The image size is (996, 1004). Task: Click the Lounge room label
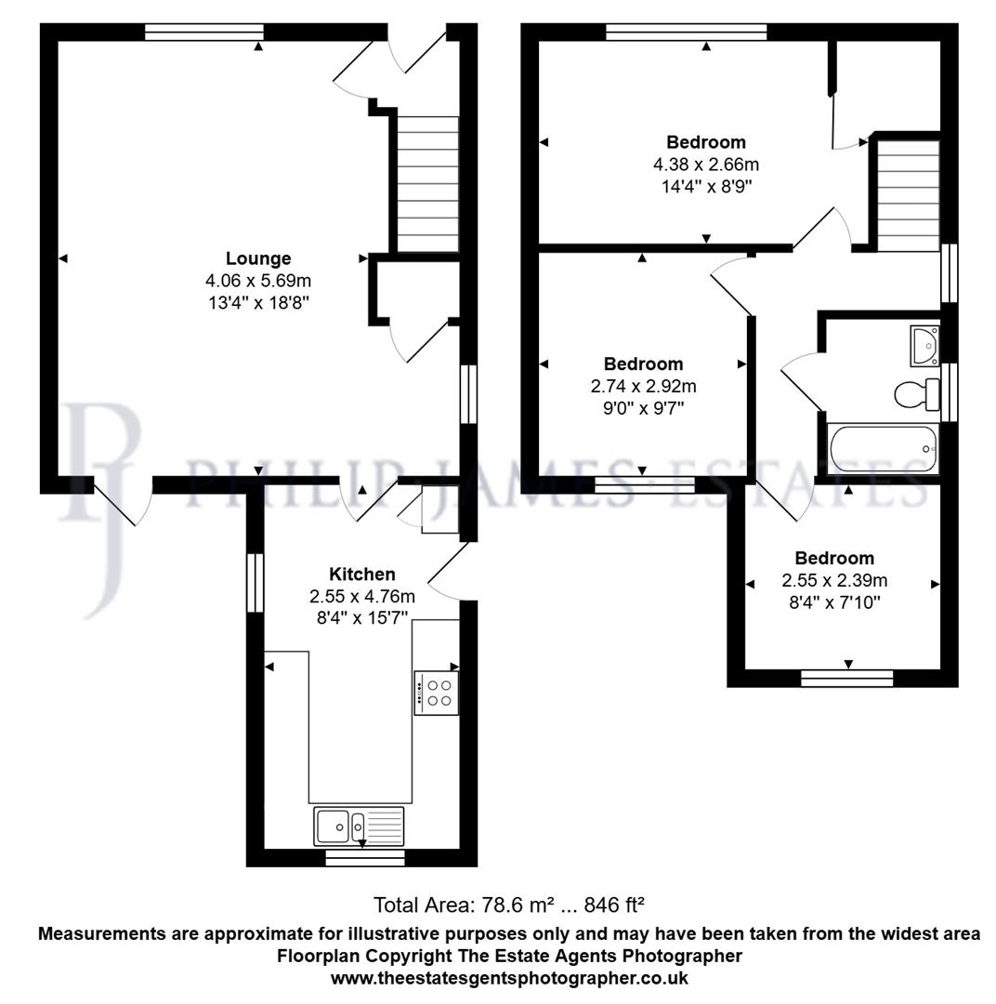[x=258, y=258]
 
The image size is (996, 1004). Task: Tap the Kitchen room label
[x=362, y=575]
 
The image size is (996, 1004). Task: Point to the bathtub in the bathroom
[x=882, y=450]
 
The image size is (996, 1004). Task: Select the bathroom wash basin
[x=924, y=344]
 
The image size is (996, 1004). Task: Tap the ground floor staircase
[x=428, y=183]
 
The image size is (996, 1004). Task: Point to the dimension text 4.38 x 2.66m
[x=706, y=165]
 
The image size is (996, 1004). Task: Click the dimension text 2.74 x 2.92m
[x=643, y=386]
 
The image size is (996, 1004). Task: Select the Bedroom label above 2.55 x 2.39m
[x=834, y=559]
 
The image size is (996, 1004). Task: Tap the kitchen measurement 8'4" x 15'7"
[x=362, y=617]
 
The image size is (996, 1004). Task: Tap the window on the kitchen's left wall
[x=256, y=583]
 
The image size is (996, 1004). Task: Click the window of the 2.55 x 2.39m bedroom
[x=846, y=678]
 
